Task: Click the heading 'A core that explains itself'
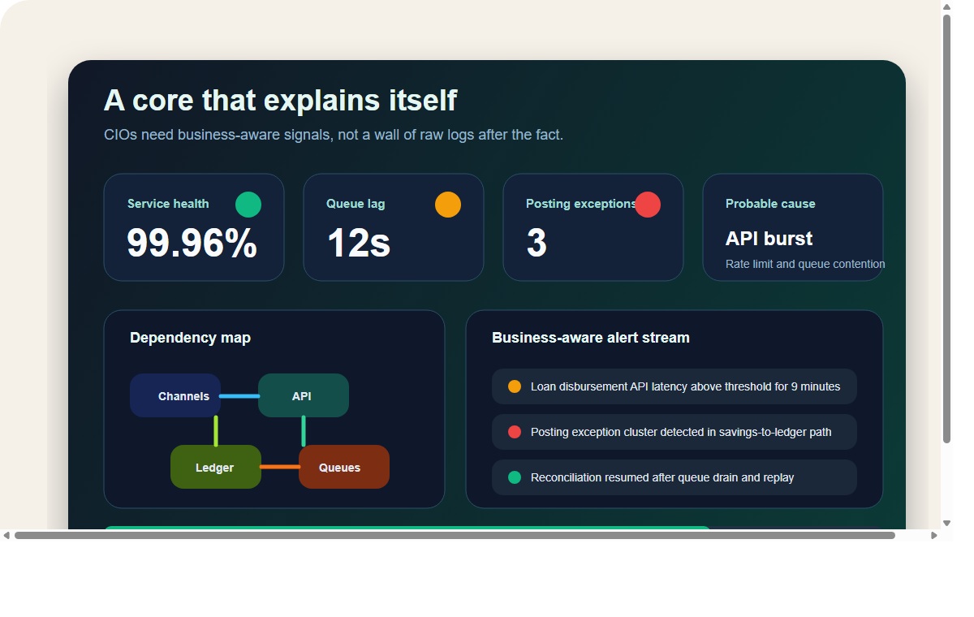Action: [x=280, y=101]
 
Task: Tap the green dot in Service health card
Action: [x=248, y=205]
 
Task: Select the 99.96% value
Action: [x=192, y=243]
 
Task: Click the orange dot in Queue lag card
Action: [x=448, y=205]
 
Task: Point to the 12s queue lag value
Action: [x=358, y=243]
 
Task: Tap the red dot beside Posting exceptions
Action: [x=648, y=205]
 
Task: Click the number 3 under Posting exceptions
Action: [x=537, y=243]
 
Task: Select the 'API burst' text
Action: [x=769, y=239]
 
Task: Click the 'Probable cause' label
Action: [x=770, y=204]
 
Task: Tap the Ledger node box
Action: [x=216, y=468]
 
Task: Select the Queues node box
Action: [x=344, y=468]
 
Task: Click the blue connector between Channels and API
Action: [x=239, y=396]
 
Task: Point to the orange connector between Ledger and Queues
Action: [x=280, y=467]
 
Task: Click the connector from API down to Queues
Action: [x=304, y=431]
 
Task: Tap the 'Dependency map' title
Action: [x=190, y=338]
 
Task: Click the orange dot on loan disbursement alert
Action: [x=515, y=386]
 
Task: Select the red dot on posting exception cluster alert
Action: [x=515, y=432]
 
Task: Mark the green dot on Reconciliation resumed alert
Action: [x=515, y=477]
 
